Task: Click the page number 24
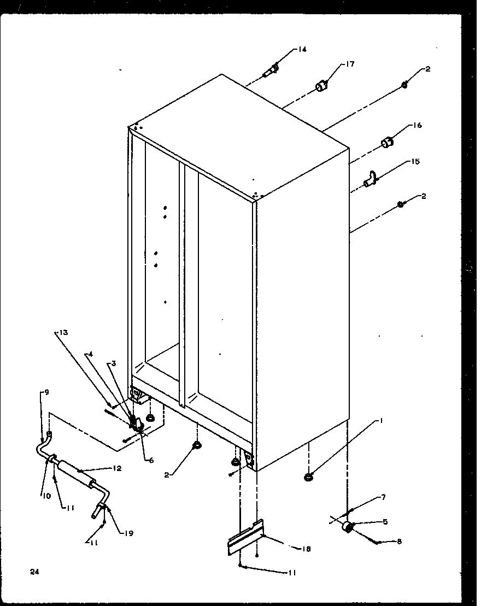[35, 572]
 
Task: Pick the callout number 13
[63, 333]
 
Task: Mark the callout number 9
[46, 392]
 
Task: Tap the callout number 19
[128, 533]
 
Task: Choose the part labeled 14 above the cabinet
[272, 70]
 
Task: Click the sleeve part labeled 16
[388, 143]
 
